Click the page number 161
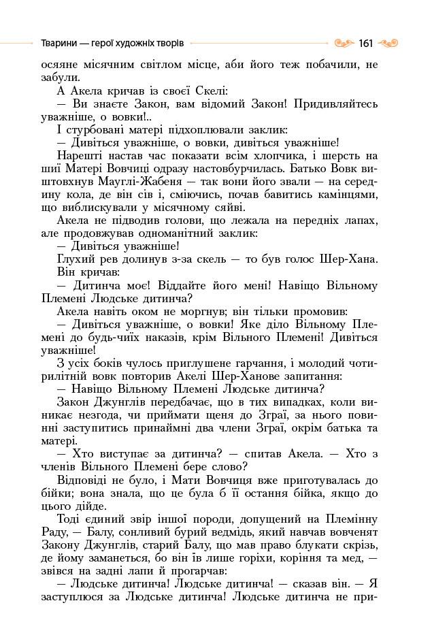366,44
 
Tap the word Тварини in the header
57,44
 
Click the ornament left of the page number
345,44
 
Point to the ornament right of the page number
388,44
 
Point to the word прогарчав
183,570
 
